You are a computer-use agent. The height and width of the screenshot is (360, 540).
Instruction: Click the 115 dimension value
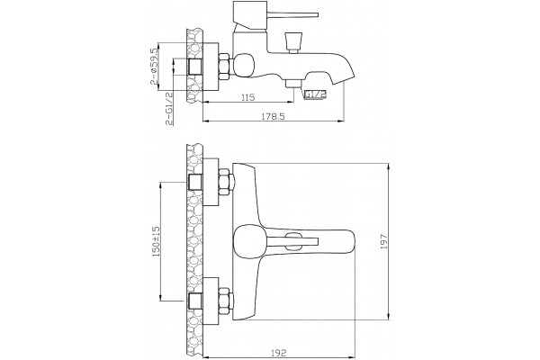[x=248, y=97]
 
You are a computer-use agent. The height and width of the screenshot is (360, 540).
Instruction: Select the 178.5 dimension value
[x=274, y=116]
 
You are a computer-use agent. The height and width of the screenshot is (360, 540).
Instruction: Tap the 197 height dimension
[x=384, y=241]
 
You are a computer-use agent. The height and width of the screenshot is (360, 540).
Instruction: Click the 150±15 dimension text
[x=156, y=241]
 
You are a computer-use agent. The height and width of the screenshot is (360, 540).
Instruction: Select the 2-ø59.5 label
[x=154, y=67]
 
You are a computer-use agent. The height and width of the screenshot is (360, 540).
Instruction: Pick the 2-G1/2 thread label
[x=169, y=109]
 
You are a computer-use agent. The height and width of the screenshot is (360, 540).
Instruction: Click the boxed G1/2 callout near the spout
[x=315, y=94]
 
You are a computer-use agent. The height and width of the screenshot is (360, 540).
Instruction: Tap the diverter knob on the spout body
[x=293, y=42]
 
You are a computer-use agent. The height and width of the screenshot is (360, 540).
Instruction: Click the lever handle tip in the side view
[x=316, y=14]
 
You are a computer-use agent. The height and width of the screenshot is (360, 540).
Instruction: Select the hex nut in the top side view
[x=224, y=67]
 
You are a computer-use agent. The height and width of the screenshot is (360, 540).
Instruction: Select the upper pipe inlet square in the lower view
[x=195, y=182]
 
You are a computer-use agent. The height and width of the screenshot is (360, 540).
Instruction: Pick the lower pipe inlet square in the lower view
[x=195, y=301]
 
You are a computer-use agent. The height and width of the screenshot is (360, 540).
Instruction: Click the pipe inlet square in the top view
[x=195, y=67]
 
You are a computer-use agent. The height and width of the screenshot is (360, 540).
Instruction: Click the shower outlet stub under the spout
[x=293, y=83]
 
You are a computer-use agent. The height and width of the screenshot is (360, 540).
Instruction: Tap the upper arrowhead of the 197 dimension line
[x=389, y=167]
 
